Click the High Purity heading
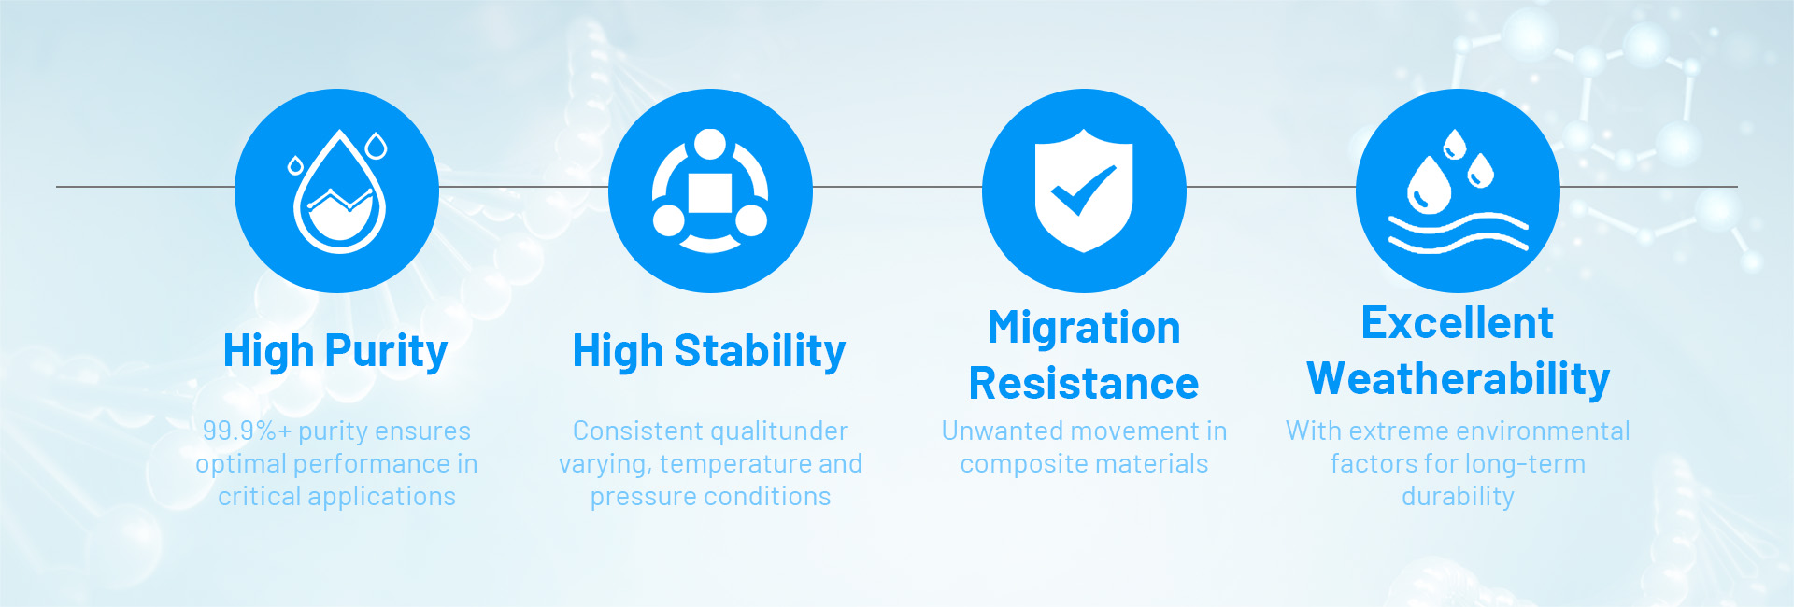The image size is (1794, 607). (335, 352)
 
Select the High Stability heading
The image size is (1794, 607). (709, 352)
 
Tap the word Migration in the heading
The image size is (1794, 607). (1084, 328)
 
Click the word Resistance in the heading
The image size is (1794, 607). (1084, 384)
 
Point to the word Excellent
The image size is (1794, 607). (1457, 323)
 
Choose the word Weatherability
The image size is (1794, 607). (1458, 379)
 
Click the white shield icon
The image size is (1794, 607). (1084, 191)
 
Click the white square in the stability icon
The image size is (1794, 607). (710, 192)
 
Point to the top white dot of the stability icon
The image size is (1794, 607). (710, 145)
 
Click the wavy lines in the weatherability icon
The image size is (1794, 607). (1458, 233)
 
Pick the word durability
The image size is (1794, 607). (1458, 497)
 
